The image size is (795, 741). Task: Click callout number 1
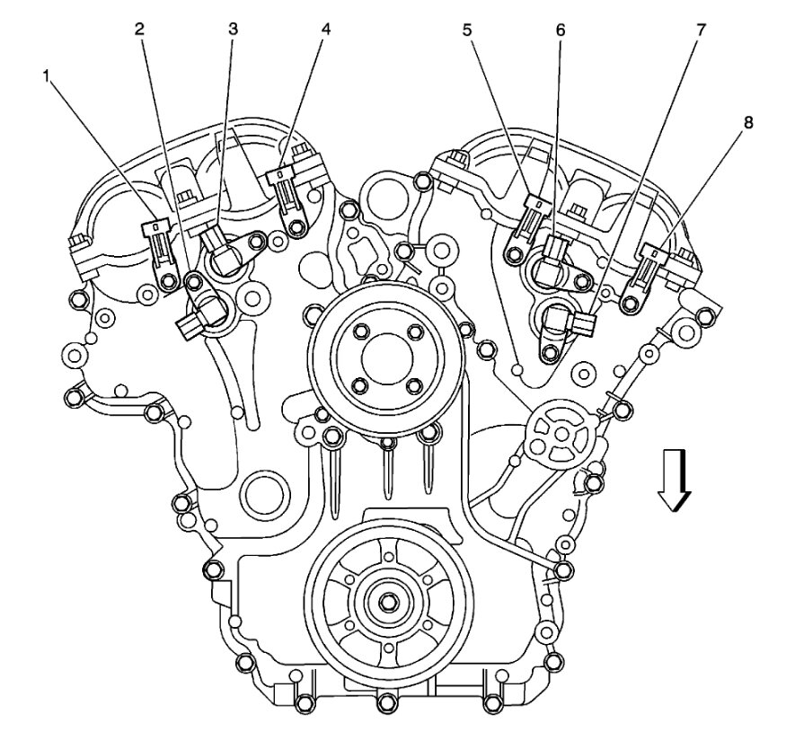point(47,76)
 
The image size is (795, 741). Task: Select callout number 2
point(139,30)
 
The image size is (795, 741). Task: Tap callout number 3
point(233,30)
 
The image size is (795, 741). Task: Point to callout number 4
point(326,30)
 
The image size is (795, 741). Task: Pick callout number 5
point(466,31)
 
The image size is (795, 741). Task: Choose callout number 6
point(560,31)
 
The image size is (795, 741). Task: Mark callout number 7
point(700,31)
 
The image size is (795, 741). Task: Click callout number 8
point(748,123)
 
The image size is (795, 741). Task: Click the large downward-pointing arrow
point(674,480)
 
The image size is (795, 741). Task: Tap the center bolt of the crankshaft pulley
point(388,601)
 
